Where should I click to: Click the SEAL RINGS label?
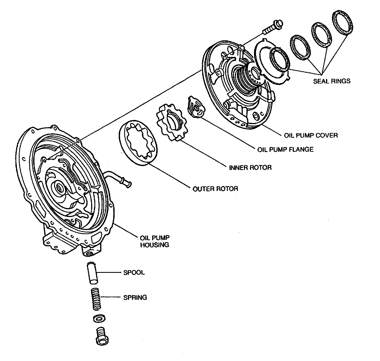331,81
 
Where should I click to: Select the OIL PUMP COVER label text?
311,135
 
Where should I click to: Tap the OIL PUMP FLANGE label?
285,150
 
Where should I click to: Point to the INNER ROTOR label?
250,168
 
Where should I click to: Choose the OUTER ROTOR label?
215,189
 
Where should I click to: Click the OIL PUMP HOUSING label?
155,241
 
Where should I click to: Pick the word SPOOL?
134,273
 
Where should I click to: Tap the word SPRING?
135,297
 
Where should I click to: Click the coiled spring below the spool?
96,299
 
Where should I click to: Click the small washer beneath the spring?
99,318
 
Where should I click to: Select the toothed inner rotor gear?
170,122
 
